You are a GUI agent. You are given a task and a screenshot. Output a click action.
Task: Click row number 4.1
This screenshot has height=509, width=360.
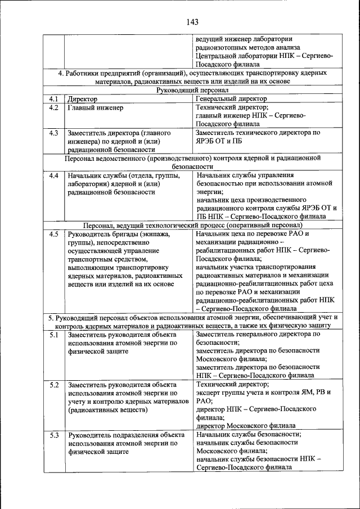tap(54, 99)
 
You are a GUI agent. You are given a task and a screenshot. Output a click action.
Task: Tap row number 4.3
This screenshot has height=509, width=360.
tap(54, 133)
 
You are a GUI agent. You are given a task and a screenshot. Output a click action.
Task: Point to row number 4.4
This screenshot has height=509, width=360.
tap(54, 175)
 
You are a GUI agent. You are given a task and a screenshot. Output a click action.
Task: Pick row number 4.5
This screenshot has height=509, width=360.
tap(54, 234)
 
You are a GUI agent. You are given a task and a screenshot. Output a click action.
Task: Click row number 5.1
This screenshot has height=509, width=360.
tap(54, 335)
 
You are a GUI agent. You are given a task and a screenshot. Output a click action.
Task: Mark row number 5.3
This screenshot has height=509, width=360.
tap(54, 435)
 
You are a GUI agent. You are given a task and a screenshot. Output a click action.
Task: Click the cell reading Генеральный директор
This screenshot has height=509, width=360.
tap(231, 99)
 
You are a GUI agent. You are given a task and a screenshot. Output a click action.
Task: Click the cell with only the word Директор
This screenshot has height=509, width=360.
tap(83, 99)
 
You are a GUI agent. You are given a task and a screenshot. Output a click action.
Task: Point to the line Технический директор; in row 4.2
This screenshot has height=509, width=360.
tap(232, 107)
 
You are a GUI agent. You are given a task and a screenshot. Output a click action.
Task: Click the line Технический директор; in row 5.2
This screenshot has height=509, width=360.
tap(232, 385)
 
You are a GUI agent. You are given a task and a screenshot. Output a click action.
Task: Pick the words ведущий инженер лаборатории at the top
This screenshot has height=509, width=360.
tap(244, 39)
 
